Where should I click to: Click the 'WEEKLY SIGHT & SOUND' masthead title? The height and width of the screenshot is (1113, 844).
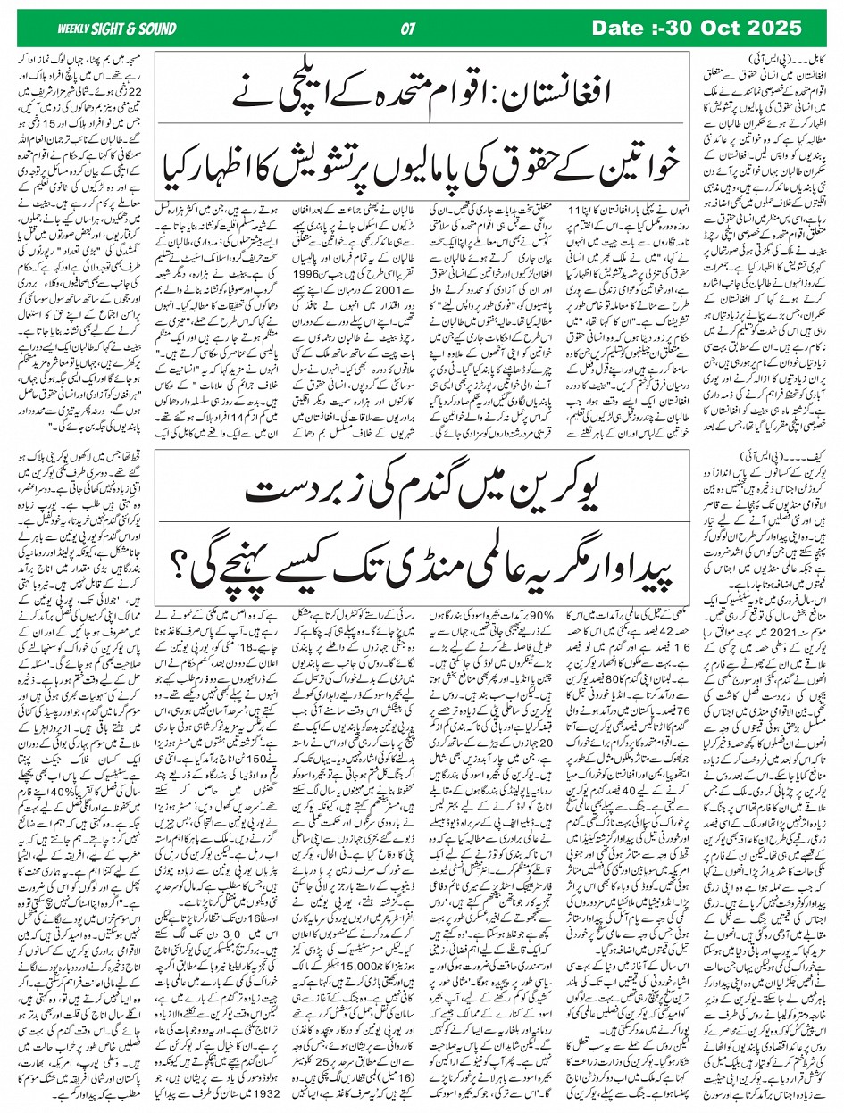pyautogui.click(x=105, y=28)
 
